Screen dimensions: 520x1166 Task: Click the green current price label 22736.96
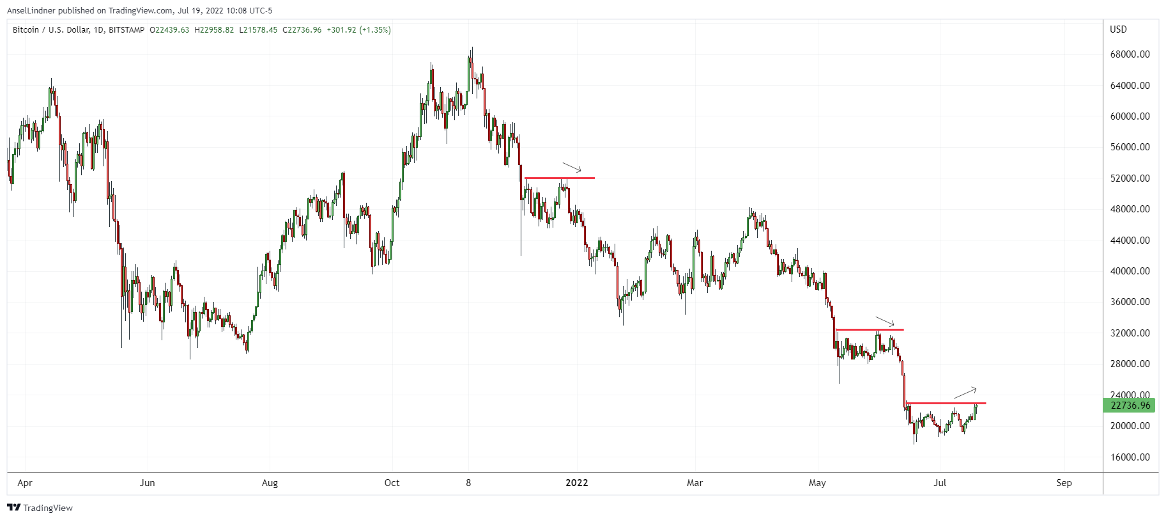pyautogui.click(x=1130, y=405)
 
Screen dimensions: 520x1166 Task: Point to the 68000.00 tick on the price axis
pyautogui.click(x=1130, y=54)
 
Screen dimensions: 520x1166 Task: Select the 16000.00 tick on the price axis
pyautogui.click(x=1130, y=457)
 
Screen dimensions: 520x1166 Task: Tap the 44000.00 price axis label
pyautogui.click(x=1130, y=240)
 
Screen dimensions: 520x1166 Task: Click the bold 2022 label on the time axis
pyautogui.click(x=577, y=483)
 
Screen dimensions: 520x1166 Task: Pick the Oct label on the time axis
pyautogui.click(x=392, y=483)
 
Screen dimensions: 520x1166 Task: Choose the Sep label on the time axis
pyautogui.click(x=1064, y=483)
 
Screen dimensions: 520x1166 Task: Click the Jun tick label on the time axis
pyautogui.click(x=147, y=483)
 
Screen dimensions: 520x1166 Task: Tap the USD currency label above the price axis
pyautogui.click(x=1118, y=29)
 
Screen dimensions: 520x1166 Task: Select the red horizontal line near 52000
pyautogui.click(x=559, y=178)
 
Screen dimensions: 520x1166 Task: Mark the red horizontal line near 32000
pyautogui.click(x=869, y=329)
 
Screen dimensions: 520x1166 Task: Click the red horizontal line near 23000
pyautogui.click(x=946, y=403)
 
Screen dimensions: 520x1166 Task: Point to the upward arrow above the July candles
pyautogui.click(x=965, y=393)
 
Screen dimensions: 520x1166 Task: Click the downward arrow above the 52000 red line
pyautogui.click(x=572, y=168)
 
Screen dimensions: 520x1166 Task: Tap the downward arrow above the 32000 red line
pyautogui.click(x=885, y=322)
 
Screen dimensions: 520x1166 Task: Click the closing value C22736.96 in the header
pyautogui.click(x=302, y=30)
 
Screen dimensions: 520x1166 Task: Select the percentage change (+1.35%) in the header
pyautogui.click(x=375, y=30)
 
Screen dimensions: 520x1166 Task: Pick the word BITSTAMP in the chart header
pyautogui.click(x=127, y=30)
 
